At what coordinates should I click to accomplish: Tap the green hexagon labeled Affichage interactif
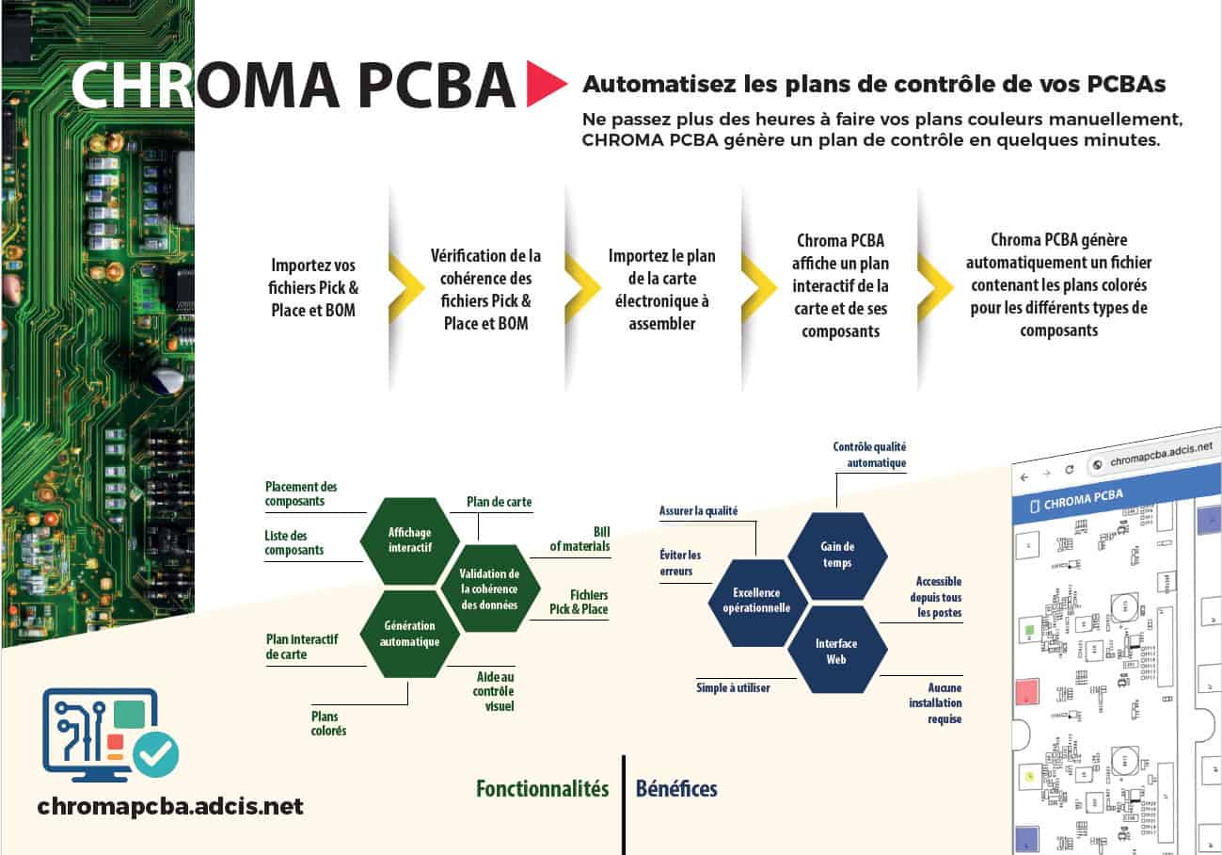tap(409, 540)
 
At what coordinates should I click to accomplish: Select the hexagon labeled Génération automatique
tap(409, 633)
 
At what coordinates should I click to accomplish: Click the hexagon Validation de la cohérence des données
tap(489, 589)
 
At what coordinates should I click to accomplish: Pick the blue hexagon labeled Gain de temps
tap(836, 555)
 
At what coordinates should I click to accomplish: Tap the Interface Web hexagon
tap(836, 651)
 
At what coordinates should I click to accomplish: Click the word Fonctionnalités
tap(542, 789)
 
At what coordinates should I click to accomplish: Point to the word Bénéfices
tap(676, 789)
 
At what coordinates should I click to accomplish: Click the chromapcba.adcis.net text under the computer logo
tap(170, 807)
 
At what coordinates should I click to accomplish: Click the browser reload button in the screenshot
tap(1069, 468)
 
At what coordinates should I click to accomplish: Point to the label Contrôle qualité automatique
tap(869, 455)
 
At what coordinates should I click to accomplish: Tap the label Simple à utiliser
tap(733, 688)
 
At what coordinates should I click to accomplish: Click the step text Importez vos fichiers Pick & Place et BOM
tap(313, 286)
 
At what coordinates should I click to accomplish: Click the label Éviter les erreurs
tap(680, 563)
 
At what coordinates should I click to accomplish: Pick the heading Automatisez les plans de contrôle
tap(874, 84)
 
